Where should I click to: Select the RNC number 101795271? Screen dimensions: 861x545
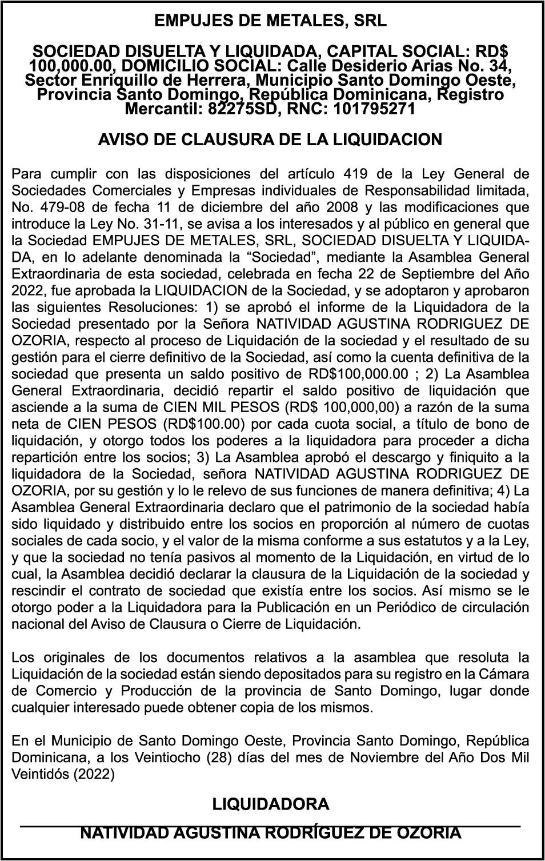coord(370,109)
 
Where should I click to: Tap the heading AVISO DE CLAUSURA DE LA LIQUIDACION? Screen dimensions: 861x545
coord(270,139)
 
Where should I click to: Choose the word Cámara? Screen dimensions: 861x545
coord(506,674)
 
